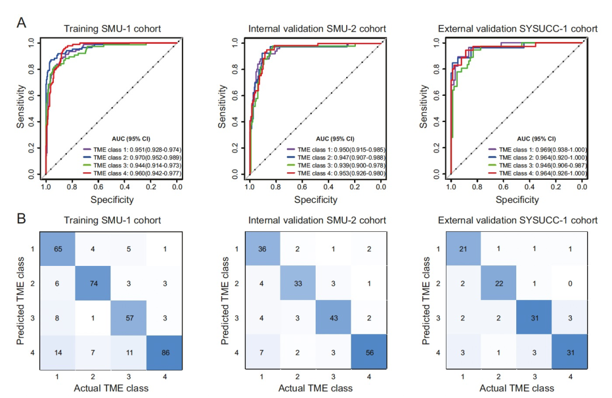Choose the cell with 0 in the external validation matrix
tap(569, 283)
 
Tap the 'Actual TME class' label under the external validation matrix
tap(517, 388)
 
